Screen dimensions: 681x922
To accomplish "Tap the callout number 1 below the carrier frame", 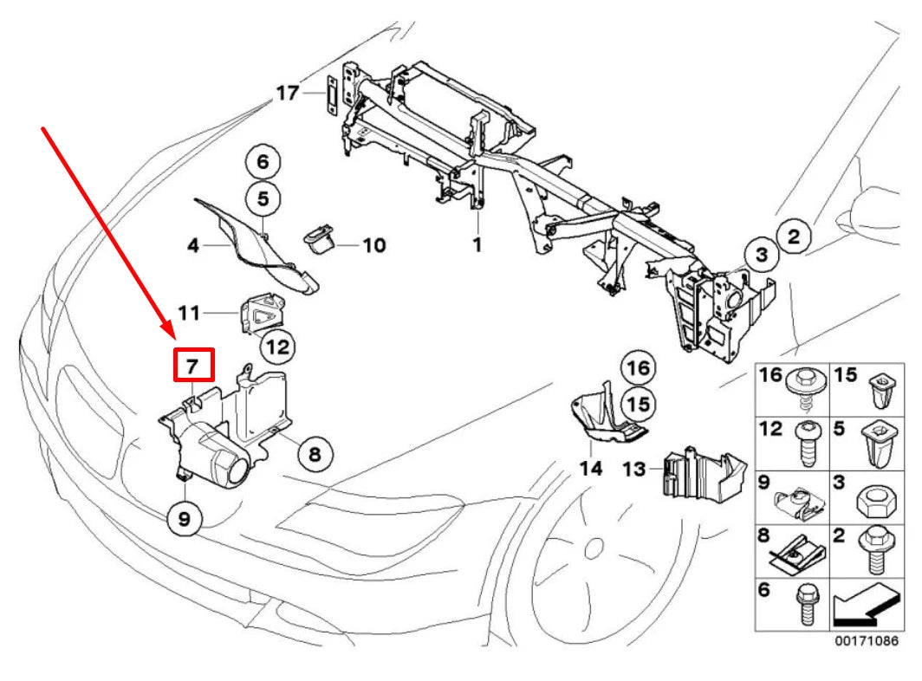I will (x=477, y=245).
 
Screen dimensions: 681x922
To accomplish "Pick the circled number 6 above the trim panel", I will (x=263, y=162).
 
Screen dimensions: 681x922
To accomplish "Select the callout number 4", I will (x=193, y=246).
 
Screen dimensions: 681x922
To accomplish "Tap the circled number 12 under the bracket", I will (x=276, y=347).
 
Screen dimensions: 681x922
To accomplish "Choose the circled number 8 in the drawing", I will (x=314, y=452).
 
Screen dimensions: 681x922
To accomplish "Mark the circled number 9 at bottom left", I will (x=185, y=519).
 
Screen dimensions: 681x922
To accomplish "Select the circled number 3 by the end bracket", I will (x=761, y=255).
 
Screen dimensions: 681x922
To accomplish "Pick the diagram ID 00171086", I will (x=860, y=641).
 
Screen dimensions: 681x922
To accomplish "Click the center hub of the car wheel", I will (x=594, y=548).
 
